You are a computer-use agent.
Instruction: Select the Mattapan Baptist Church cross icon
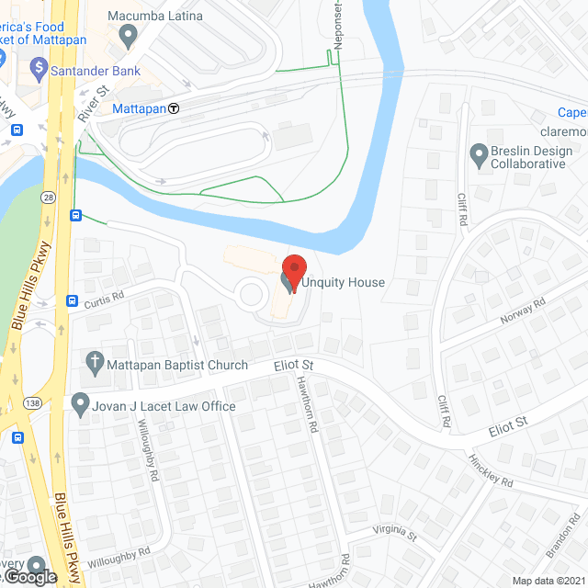[93, 363]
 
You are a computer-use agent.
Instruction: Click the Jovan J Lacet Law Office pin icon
[81, 404]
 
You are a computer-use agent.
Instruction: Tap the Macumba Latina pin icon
[129, 36]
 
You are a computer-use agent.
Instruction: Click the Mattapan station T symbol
[173, 108]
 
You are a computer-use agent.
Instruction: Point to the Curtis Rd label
[104, 297]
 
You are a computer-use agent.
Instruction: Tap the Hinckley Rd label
[489, 471]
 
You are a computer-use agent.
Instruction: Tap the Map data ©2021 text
[548, 580]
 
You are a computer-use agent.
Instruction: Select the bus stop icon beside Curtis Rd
[72, 300]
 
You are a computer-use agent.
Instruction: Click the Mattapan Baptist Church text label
[176, 366]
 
